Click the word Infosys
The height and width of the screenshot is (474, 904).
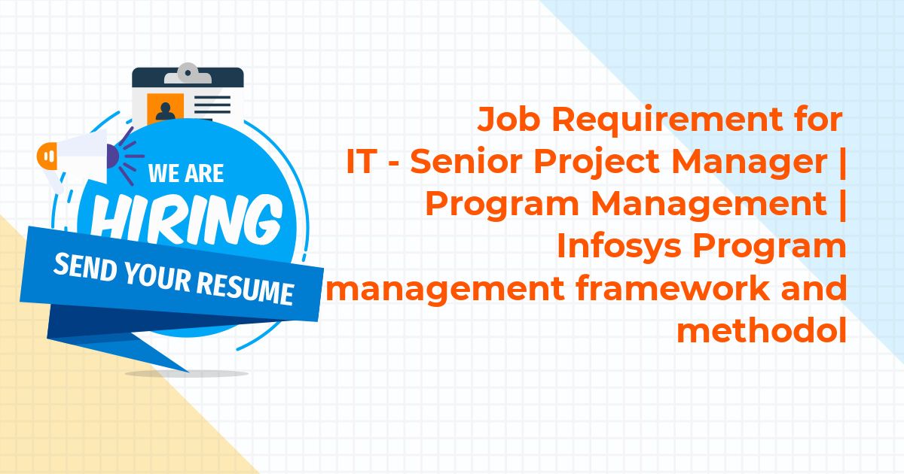coord(619,247)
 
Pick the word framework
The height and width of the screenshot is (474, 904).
coord(673,288)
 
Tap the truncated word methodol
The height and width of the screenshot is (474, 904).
coord(762,330)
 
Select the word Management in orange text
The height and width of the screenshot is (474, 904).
coord(709,205)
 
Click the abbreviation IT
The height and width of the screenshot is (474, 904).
coord(359,162)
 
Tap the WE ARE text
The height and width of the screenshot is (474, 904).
coord(186,173)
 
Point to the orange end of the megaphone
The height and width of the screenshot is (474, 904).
coord(47,156)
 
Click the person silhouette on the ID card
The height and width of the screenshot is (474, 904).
coord(166,111)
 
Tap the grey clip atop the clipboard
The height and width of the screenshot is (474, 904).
coord(188,74)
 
